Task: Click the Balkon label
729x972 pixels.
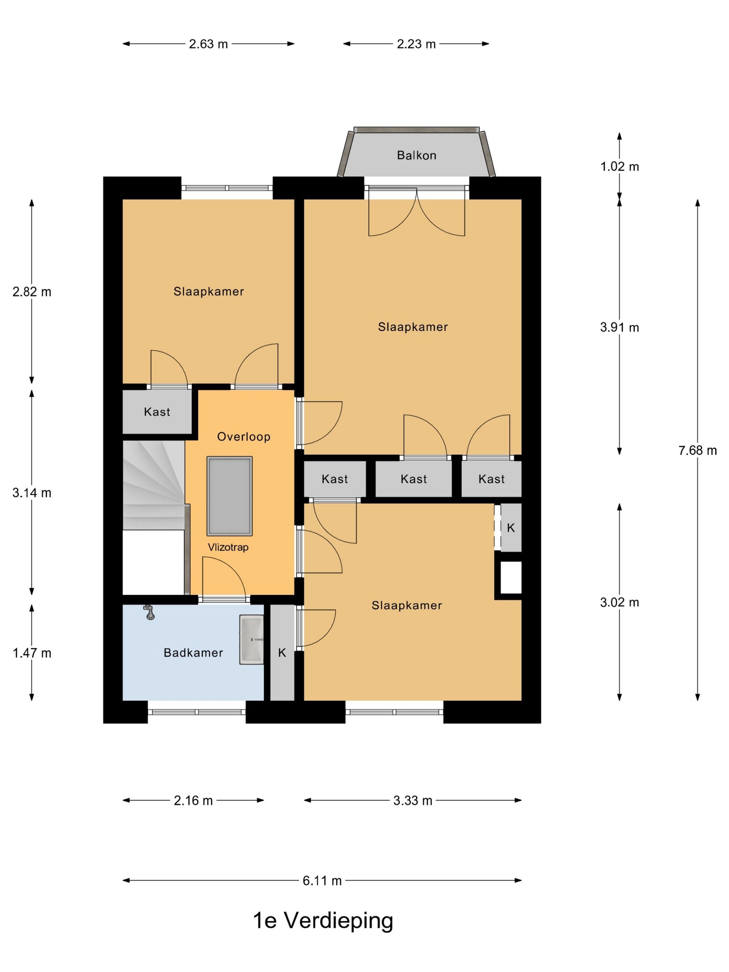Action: click(x=416, y=155)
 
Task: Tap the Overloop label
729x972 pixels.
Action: click(x=243, y=436)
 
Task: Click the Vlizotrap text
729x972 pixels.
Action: click(x=228, y=547)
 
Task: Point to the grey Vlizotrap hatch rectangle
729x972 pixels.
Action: click(x=230, y=496)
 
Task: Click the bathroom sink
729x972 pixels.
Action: click(x=251, y=639)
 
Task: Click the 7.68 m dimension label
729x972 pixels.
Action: click(x=697, y=450)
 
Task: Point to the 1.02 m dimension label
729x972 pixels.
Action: click(x=620, y=167)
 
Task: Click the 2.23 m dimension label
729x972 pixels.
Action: click(x=416, y=44)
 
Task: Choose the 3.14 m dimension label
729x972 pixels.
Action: click(x=32, y=493)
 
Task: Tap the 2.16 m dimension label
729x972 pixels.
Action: click(x=193, y=801)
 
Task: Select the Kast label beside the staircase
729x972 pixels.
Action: click(x=157, y=412)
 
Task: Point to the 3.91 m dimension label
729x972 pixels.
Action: click(x=620, y=327)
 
